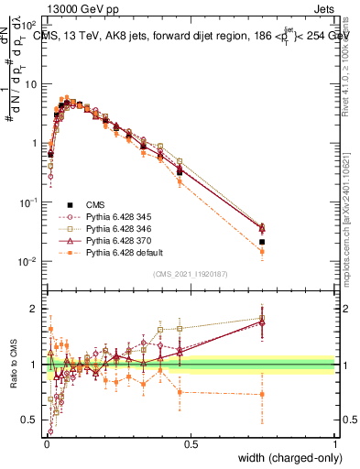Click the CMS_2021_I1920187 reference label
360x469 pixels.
click(190, 274)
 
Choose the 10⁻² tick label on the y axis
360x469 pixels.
click(27, 261)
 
